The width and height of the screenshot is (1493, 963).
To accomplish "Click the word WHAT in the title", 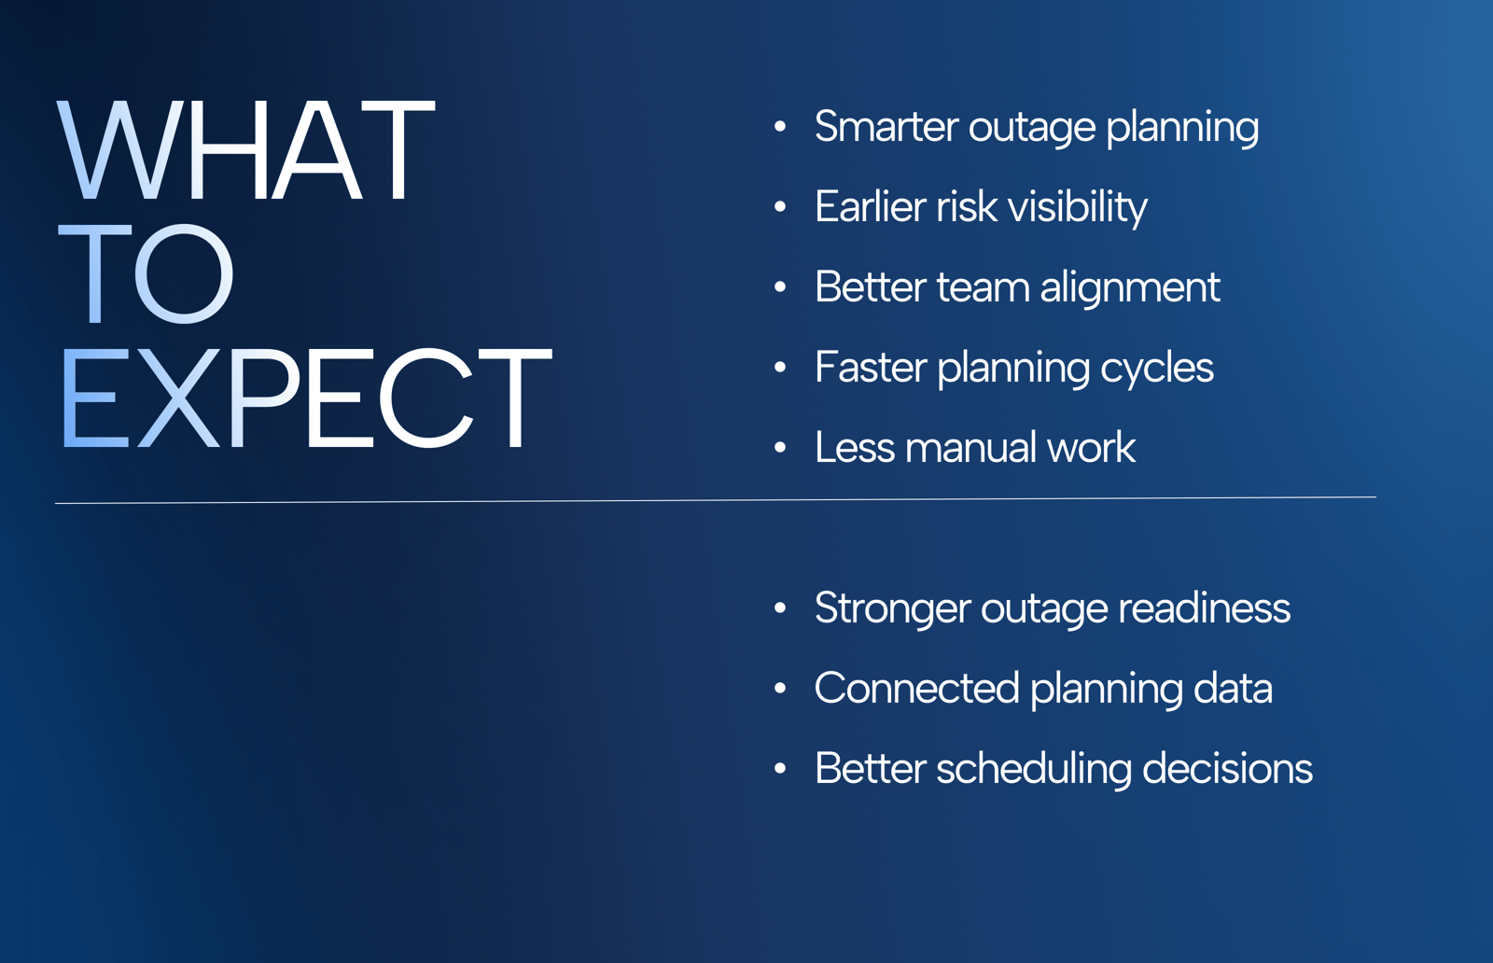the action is (246, 150).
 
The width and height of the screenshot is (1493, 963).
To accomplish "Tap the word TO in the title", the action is (146, 273).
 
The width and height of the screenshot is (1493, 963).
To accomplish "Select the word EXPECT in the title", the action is (306, 398).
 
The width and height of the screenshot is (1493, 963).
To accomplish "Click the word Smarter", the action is (886, 126).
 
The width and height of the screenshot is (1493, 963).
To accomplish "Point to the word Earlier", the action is (871, 206).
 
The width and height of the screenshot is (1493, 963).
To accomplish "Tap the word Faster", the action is (871, 368).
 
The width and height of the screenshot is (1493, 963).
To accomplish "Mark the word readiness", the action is (1204, 607).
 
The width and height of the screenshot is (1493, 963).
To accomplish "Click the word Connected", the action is (916, 688).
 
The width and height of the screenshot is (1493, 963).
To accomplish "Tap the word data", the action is (1233, 688).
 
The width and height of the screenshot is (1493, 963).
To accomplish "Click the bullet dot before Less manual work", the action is (780, 448).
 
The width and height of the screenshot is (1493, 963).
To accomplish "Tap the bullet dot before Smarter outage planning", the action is (780, 127).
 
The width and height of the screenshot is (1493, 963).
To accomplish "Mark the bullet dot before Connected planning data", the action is (780, 689).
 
